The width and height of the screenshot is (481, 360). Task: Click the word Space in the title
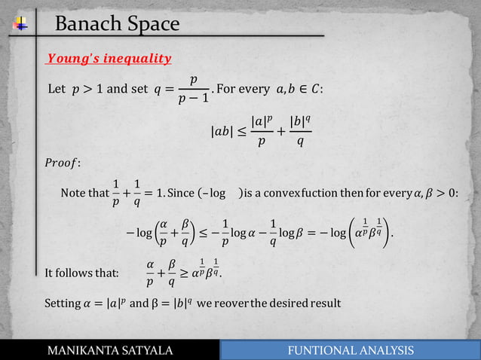pyautogui.click(x=152, y=25)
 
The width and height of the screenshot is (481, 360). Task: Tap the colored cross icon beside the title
pyautogui.click(x=21, y=25)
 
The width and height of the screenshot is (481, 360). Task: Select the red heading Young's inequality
pyautogui.click(x=109, y=59)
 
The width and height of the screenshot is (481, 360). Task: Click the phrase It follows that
pyautogui.click(x=81, y=272)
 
